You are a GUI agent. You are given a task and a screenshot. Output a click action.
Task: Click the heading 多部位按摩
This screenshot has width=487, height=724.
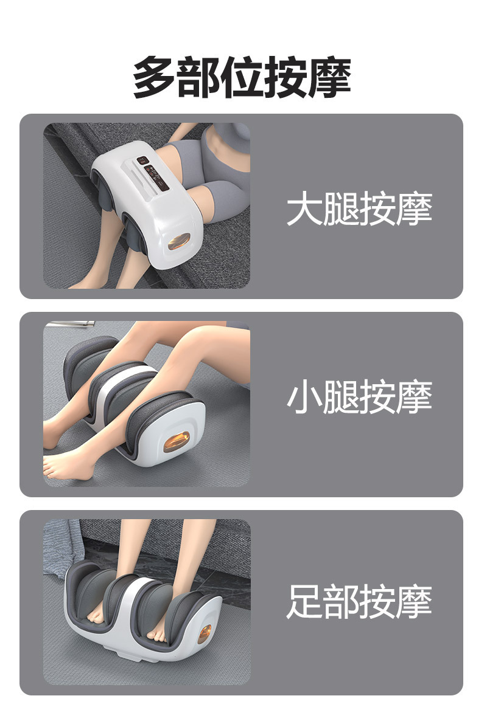pyautogui.click(x=242, y=77)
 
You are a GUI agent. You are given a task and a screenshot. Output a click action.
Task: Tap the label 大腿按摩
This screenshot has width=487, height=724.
pyautogui.click(x=359, y=209)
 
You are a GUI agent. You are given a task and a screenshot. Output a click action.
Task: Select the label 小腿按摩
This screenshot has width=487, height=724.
pyautogui.click(x=359, y=396)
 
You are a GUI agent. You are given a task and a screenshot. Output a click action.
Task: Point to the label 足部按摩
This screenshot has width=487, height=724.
pyautogui.click(x=359, y=601)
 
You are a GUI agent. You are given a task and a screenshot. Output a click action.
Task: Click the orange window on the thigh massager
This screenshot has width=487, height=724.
pyautogui.click(x=179, y=241)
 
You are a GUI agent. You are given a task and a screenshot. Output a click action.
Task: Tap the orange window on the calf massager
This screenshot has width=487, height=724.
pyautogui.click(x=177, y=442)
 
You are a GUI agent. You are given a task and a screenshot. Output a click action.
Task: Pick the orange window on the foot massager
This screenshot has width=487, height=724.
pyautogui.click(x=205, y=634)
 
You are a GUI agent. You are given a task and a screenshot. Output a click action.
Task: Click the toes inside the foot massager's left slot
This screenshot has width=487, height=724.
pyautogui.click(x=96, y=613)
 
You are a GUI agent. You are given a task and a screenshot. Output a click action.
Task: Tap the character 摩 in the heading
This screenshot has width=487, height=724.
pyautogui.click(x=330, y=77)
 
